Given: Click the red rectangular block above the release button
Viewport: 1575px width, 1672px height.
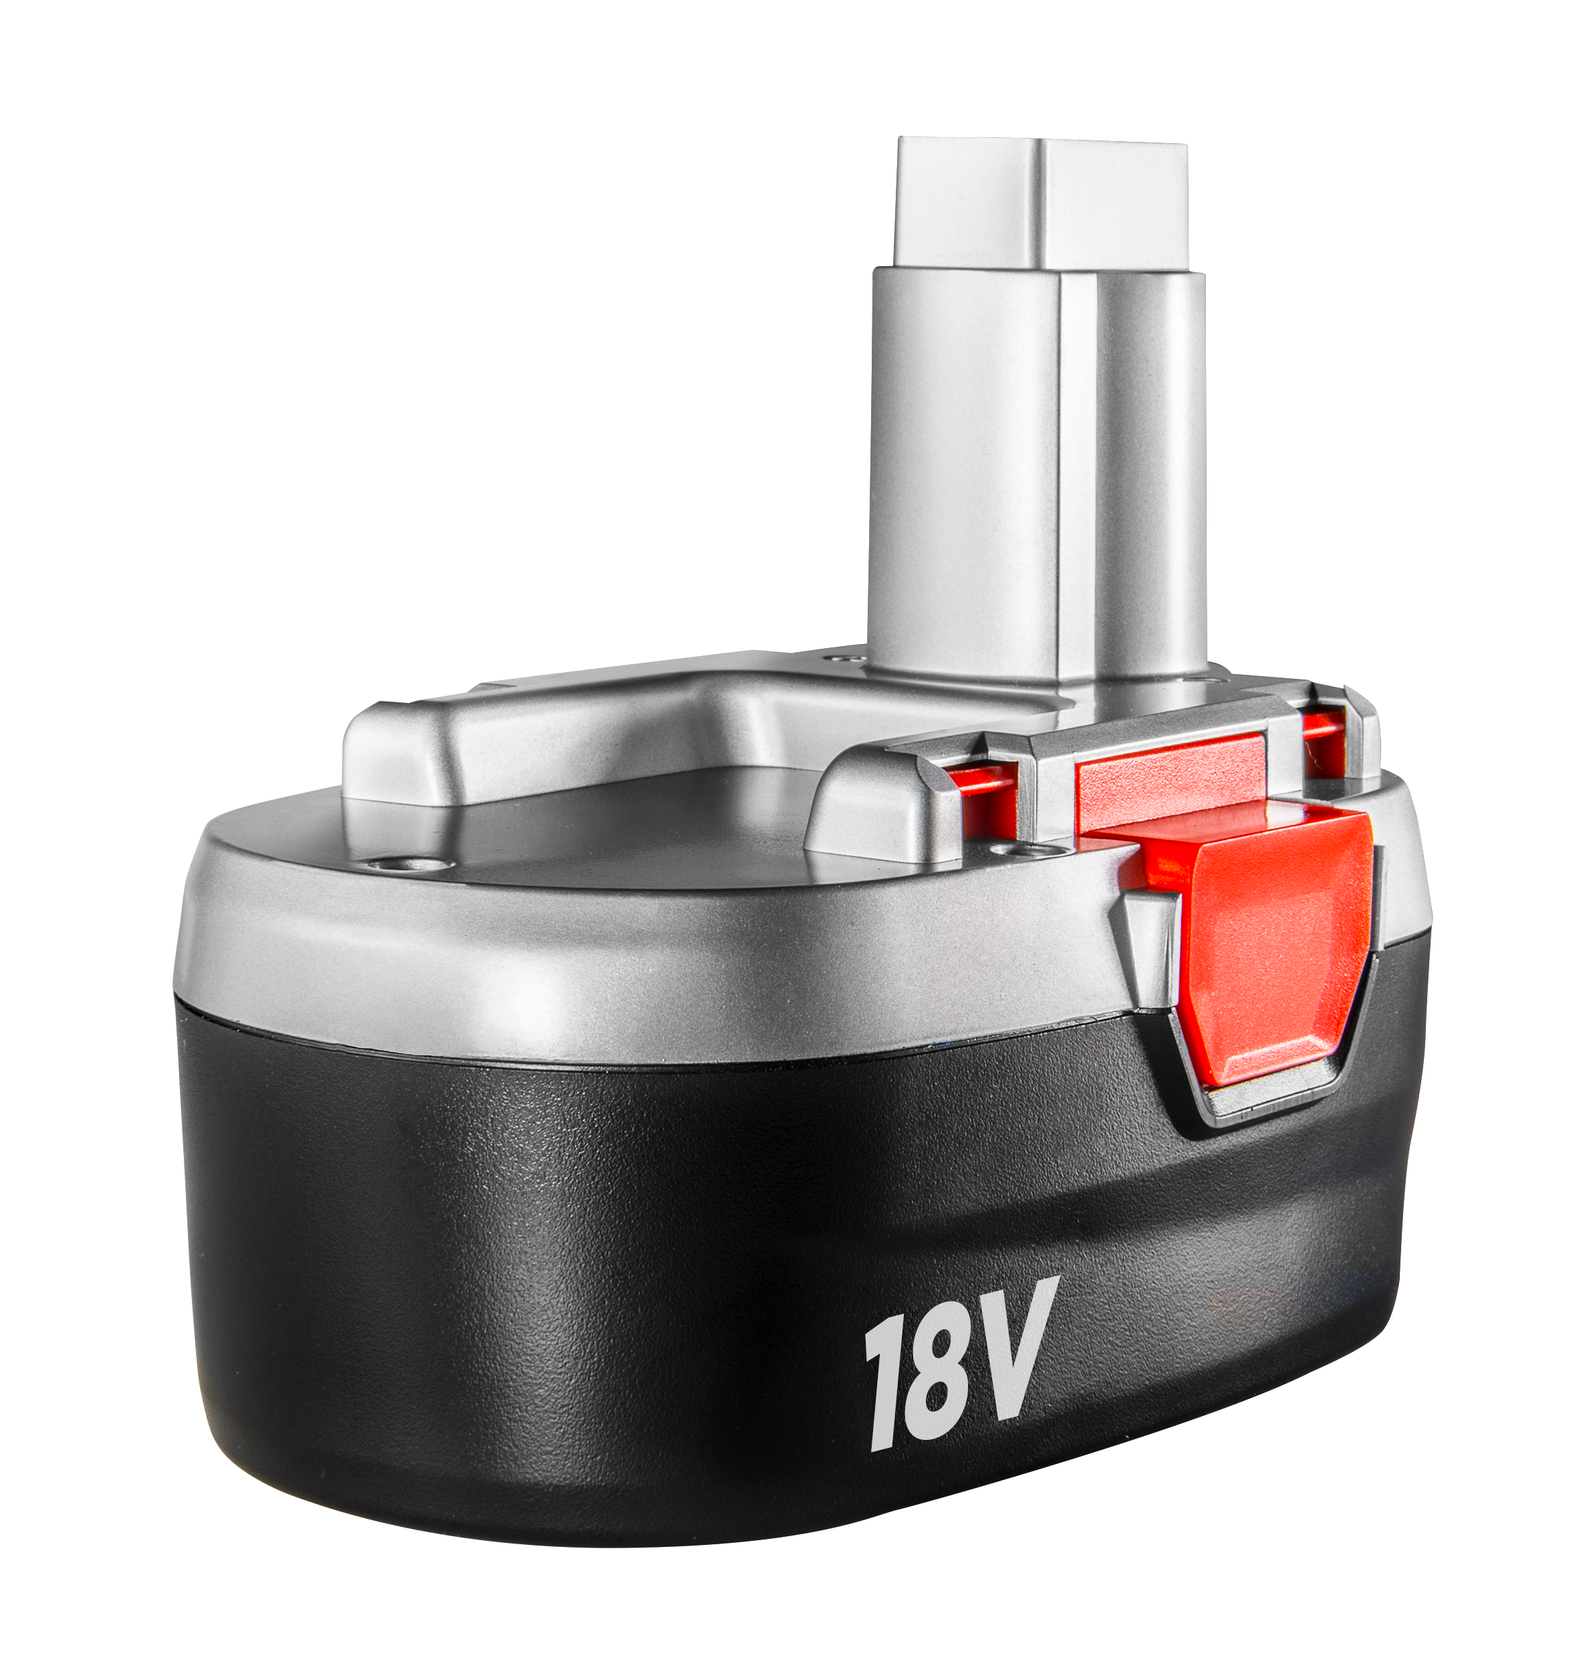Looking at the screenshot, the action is [x=1171, y=777].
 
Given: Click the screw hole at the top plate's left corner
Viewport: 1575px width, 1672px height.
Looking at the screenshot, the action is [x=412, y=863].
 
